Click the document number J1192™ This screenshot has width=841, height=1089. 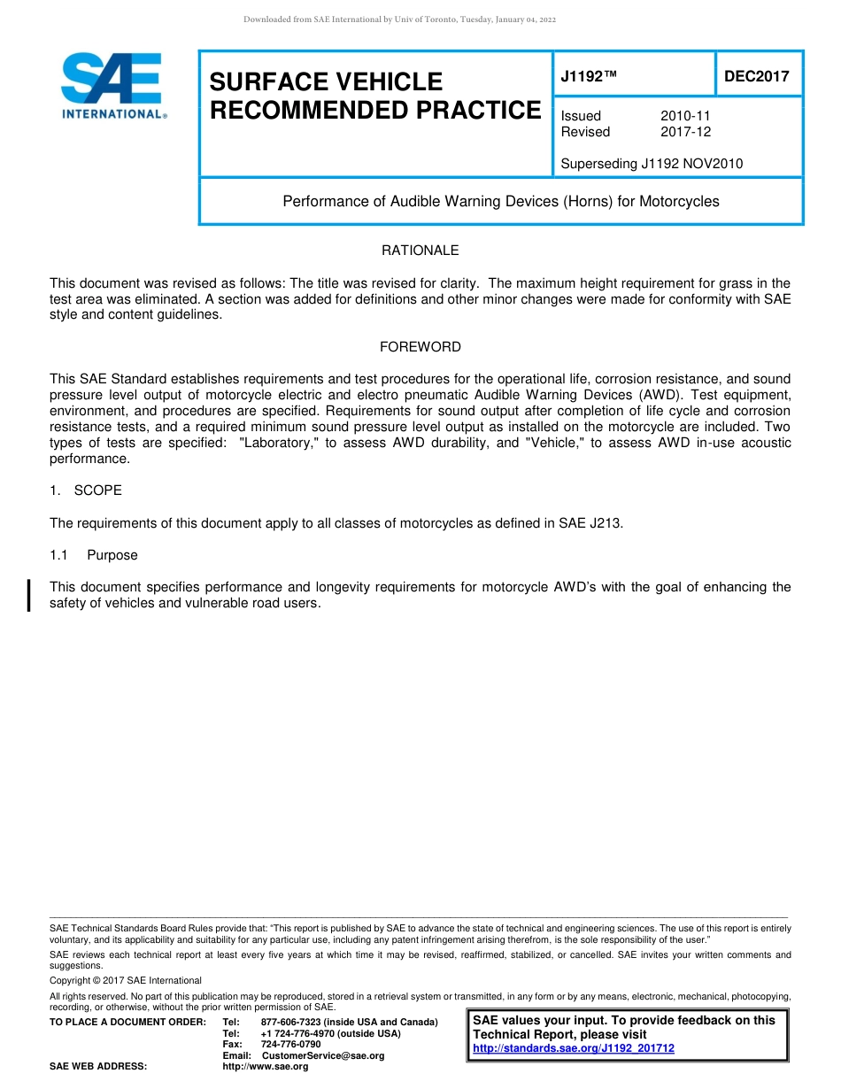coord(589,76)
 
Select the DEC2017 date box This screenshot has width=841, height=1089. coord(757,76)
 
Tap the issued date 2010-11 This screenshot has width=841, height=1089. coord(685,116)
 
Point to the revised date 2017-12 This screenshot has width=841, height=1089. coord(685,132)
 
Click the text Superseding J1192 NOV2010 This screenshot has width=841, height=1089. coord(652,163)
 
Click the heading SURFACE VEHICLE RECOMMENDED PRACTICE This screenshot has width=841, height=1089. coord(374,96)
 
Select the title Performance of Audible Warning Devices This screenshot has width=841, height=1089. coord(500,201)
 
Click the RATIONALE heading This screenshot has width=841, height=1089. coord(420,251)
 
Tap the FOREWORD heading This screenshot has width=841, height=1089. coord(420,347)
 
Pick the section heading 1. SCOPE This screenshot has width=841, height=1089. coord(86,490)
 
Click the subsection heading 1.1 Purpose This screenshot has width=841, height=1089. coord(95,555)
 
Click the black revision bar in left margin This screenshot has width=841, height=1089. coord(30,594)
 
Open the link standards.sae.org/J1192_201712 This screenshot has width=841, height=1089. coord(574,1048)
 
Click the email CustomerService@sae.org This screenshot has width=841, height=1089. coord(323,1055)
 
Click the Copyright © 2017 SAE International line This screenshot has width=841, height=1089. coord(126,980)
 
